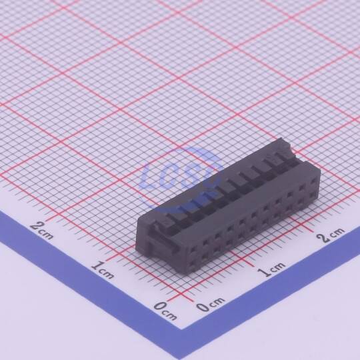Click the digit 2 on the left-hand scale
tap(36, 225)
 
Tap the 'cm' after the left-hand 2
tap(47, 234)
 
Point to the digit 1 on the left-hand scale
tap(97, 265)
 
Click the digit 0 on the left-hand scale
tap(160, 307)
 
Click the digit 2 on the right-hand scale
tap(324, 238)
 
